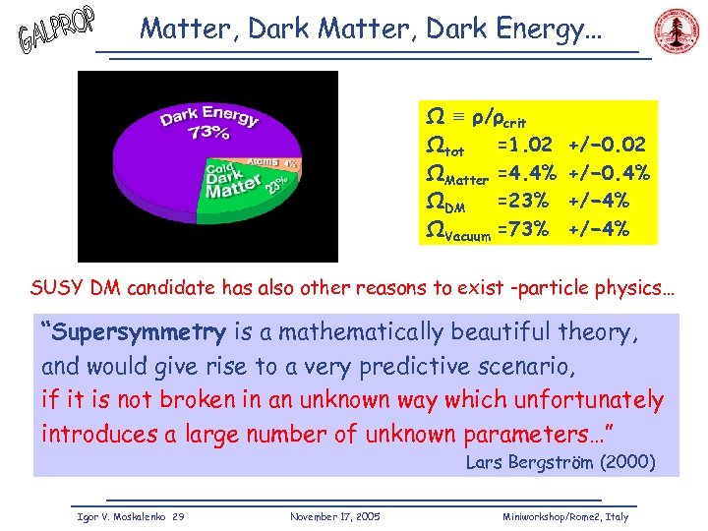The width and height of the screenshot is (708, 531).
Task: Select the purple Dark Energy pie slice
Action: (197, 128)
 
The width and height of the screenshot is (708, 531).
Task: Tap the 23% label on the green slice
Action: (276, 185)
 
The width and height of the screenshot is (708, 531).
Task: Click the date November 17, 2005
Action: (335, 516)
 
